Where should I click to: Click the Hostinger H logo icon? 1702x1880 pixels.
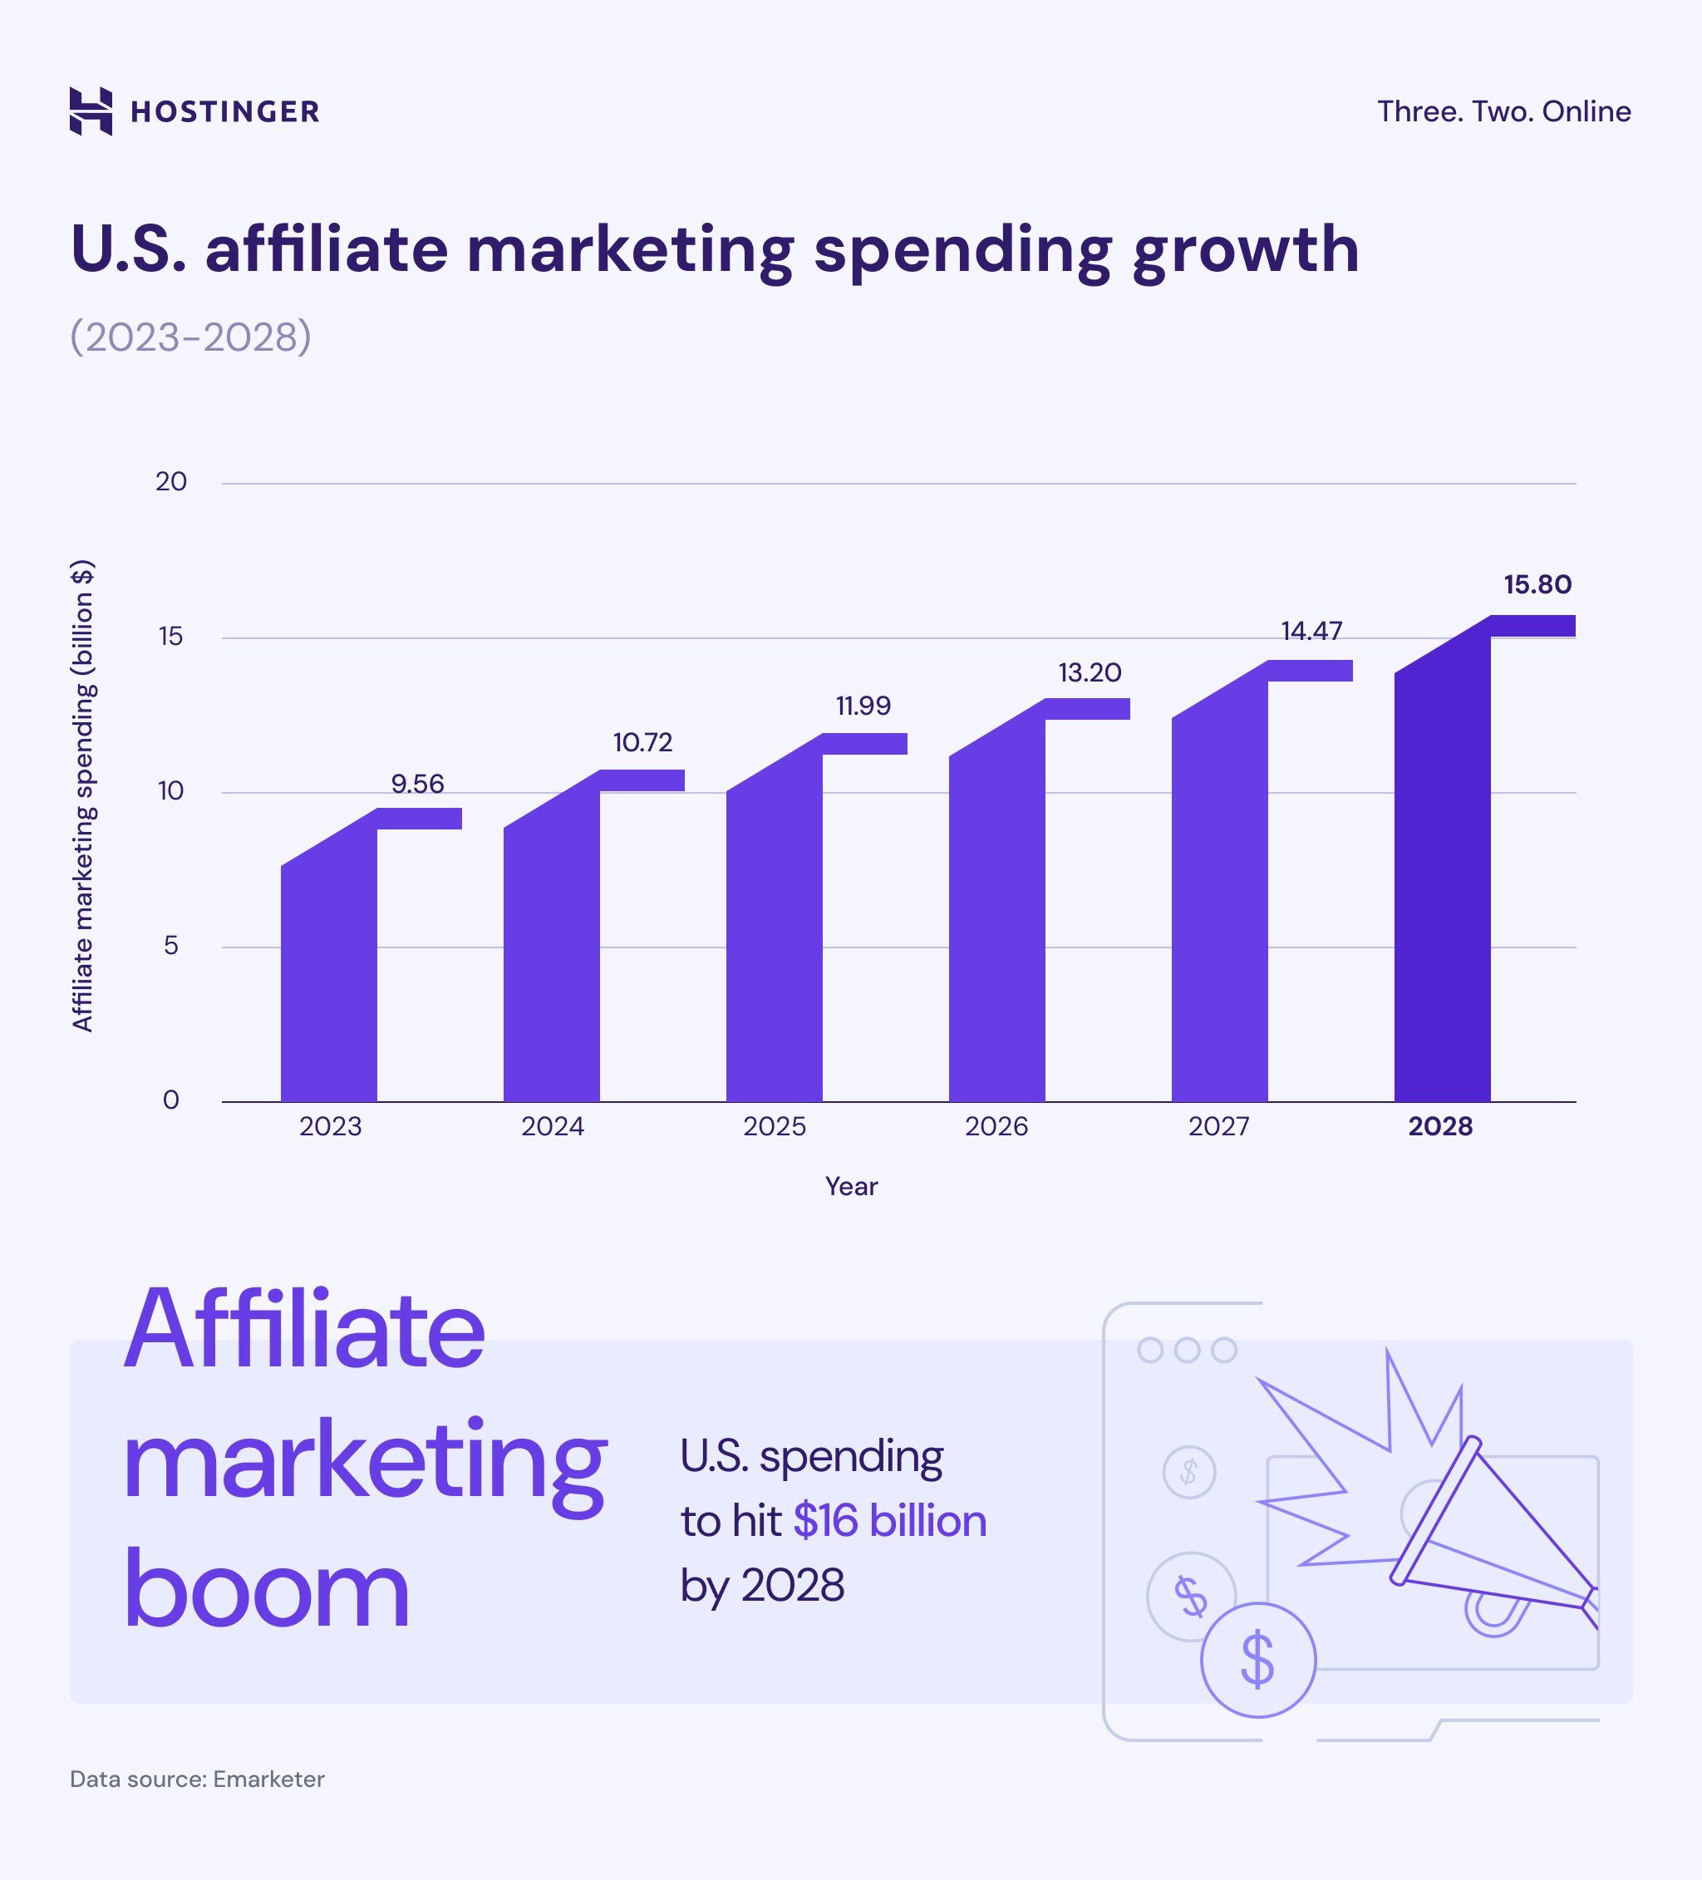(91, 112)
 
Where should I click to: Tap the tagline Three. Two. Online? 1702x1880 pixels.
(1503, 112)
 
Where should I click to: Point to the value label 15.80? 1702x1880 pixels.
(1537, 585)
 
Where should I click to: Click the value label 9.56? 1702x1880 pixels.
(417, 783)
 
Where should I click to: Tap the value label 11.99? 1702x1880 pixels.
(863, 706)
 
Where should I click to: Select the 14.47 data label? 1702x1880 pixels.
(1311, 632)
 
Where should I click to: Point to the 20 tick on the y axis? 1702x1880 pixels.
(170, 482)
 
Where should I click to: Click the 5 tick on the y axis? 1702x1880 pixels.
(170, 946)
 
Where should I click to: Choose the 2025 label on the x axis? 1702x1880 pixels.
(774, 1126)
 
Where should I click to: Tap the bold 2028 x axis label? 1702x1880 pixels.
(1440, 1126)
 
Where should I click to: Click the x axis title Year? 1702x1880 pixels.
(850, 1186)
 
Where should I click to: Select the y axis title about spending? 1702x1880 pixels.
(83, 795)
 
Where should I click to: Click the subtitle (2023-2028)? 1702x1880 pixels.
(190, 337)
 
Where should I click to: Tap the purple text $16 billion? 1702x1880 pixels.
(890, 1521)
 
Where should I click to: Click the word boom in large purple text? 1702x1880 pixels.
(266, 1590)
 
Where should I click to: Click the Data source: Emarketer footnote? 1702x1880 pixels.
(197, 1779)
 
